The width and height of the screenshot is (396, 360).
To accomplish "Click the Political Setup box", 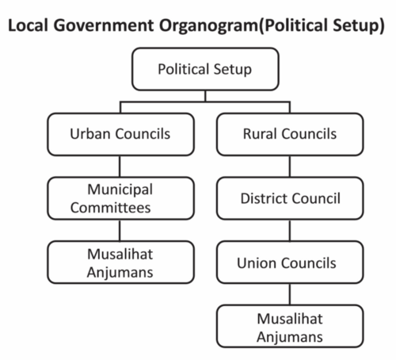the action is pyautogui.click(x=205, y=69).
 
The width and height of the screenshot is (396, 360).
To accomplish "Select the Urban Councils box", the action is pyautogui.click(x=120, y=134).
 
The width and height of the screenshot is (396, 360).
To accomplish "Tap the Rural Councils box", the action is pyautogui.click(x=290, y=134).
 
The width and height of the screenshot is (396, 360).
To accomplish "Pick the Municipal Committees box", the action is pyautogui.click(x=120, y=198).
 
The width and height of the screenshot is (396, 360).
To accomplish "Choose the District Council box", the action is pyautogui.click(x=290, y=198).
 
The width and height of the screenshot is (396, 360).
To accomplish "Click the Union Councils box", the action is pyautogui.click(x=290, y=262).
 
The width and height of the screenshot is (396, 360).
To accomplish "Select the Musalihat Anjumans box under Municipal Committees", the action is pyautogui.click(x=120, y=262).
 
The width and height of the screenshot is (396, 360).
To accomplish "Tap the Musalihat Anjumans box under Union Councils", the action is pyautogui.click(x=290, y=326).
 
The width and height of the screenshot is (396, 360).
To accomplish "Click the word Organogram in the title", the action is pyautogui.click(x=208, y=26).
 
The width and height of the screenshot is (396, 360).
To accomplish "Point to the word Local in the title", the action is pyautogui.click(x=29, y=25).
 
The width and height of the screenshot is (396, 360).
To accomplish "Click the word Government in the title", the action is pyautogui.click(x=104, y=25).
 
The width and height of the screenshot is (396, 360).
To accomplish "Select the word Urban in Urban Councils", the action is pyautogui.click(x=90, y=133).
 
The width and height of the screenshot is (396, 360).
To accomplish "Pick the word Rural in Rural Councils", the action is pyautogui.click(x=260, y=133).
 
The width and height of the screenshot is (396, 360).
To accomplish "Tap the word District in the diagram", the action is pyautogui.click(x=264, y=198).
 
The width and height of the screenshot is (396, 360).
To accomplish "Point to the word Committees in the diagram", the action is pyautogui.click(x=110, y=208).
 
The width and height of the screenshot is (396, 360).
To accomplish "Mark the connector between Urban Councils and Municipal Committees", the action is pyautogui.click(x=120, y=167).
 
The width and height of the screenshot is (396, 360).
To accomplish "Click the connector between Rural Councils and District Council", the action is pyautogui.click(x=290, y=167).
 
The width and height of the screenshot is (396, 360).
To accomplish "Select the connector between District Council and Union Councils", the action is pyautogui.click(x=290, y=231).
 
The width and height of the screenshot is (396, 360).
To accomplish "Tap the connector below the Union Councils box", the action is pyautogui.click(x=290, y=294).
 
